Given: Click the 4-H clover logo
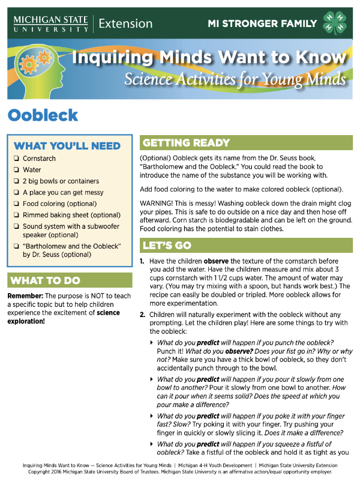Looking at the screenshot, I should pos(335,23).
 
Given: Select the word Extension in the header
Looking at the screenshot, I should pos(125,24).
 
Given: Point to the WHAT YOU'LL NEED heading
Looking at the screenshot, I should pos(67,146).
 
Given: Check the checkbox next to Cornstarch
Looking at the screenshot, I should pos(16,159).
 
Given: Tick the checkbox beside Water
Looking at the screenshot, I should pos(16,171).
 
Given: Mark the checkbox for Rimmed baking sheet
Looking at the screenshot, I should pos(16,216).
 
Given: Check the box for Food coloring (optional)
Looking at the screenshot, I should pos(16,204).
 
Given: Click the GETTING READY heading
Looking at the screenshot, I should pos(187,143).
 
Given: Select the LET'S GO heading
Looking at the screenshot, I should pos(168,245).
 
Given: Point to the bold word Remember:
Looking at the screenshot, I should pos(25,297).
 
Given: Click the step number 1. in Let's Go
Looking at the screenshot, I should pos(142,262).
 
